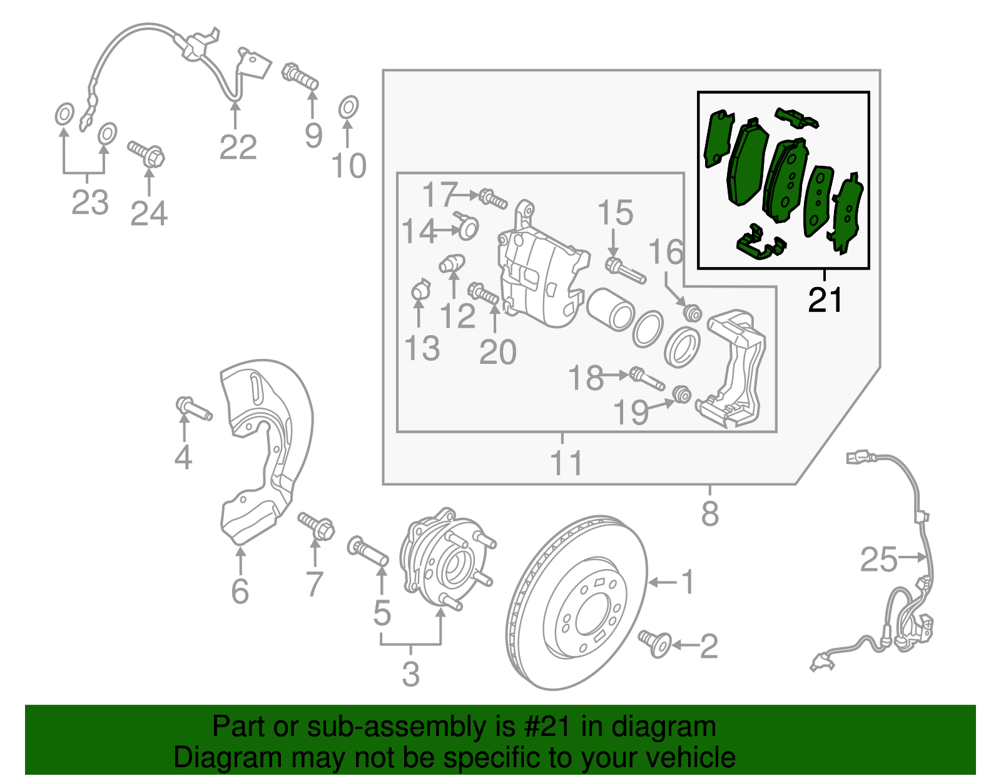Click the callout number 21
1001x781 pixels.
(x=825, y=301)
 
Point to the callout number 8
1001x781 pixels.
(x=709, y=514)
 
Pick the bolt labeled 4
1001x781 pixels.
(x=195, y=409)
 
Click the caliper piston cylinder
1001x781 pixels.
(x=610, y=308)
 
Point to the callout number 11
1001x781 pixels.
(x=566, y=463)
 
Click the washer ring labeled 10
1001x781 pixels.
(x=348, y=108)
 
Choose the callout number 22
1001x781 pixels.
(x=238, y=148)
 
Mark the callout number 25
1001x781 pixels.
(x=878, y=559)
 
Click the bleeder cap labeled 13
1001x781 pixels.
(x=421, y=291)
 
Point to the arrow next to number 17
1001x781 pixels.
(x=467, y=196)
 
